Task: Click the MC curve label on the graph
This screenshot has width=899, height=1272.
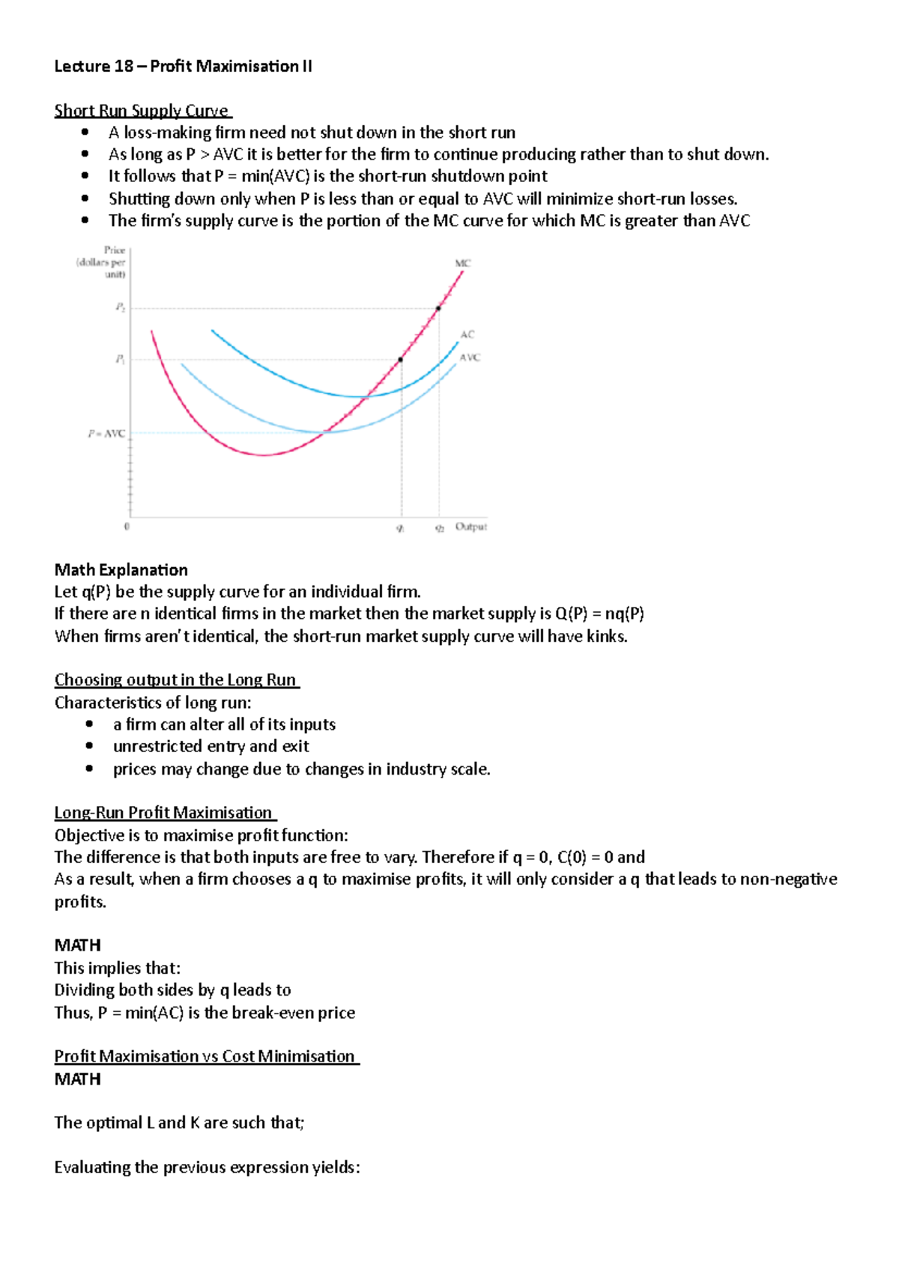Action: [462, 263]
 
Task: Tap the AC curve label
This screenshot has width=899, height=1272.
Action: [467, 334]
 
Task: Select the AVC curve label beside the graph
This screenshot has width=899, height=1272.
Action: [470, 357]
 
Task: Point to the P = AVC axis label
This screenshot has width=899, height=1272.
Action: [106, 434]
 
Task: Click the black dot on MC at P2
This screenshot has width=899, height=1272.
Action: [438, 308]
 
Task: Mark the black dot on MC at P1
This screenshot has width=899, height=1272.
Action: [401, 360]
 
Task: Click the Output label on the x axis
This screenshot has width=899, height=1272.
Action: [470, 527]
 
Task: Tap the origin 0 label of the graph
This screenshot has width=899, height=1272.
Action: [127, 527]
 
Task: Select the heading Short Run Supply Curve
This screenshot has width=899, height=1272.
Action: [142, 111]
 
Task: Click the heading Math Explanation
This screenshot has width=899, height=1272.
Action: [121, 570]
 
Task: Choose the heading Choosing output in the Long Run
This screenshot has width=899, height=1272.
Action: [176, 680]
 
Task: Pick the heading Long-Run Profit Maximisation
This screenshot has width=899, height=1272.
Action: [164, 813]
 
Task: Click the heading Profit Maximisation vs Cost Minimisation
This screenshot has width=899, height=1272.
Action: [205, 1056]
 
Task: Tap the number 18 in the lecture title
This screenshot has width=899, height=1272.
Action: [124, 66]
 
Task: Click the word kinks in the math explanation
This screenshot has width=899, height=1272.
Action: [608, 637]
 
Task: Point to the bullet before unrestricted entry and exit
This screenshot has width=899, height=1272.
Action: [90, 746]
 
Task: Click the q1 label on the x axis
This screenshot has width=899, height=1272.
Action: [400, 528]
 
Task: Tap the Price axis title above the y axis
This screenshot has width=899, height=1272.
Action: [115, 250]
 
